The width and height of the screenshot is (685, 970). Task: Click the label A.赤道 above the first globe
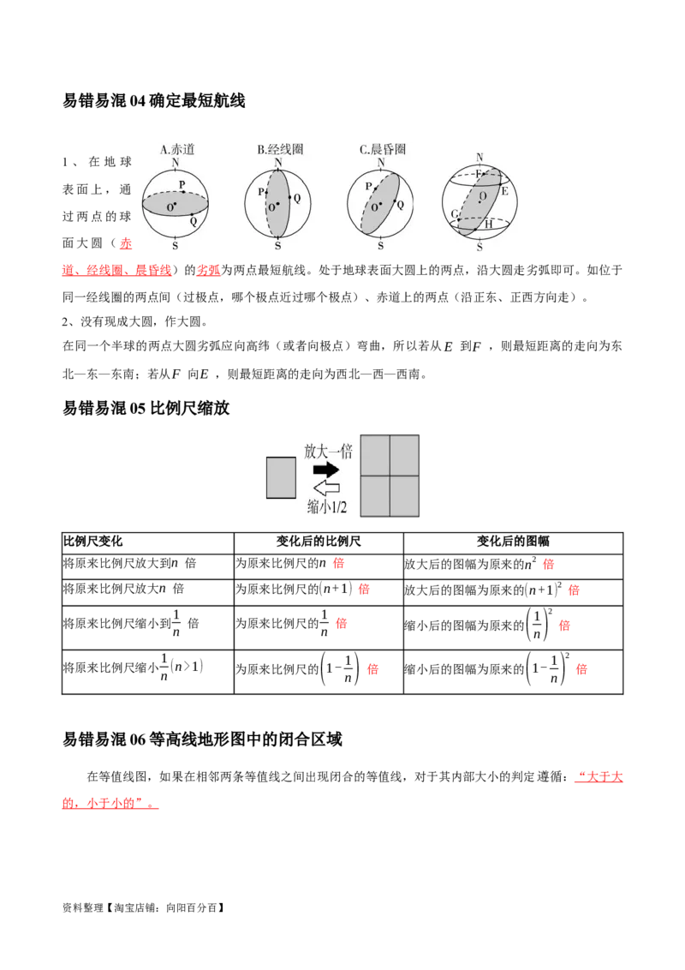(x=177, y=149)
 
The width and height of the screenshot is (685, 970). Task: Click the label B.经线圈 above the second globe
(x=280, y=149)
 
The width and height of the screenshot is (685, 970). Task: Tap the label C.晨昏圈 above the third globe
(x=383, y=149)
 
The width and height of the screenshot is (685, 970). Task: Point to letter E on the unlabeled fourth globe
(x=504, y=191)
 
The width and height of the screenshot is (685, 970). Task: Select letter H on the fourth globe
(x=488, y=224)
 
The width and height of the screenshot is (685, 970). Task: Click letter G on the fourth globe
(x=455, y=214)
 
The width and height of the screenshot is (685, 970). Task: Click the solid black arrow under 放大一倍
(x=326, y=469)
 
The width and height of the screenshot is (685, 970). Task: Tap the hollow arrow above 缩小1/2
(x=326, y=488)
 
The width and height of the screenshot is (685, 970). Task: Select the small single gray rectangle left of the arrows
(x=281, y=477)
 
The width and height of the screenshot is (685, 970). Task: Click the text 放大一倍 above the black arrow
(x=328, y=451)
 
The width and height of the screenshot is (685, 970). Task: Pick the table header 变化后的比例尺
(x=319, y=542)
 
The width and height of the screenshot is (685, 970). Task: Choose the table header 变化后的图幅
(x=513, y=542)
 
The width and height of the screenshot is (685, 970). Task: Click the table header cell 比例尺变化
(x=92, y=542)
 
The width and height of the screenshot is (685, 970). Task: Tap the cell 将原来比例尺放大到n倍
(x=130, y=563)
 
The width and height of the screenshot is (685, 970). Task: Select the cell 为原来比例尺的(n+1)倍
(x=302, y=589)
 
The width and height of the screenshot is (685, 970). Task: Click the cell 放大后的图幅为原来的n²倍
(x=479, y=564)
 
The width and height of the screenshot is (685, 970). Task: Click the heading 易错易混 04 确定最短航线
(x=154, y=100)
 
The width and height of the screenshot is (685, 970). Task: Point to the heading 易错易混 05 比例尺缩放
(x=146, y=408)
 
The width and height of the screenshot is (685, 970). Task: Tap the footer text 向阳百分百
(x=191, y=907)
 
